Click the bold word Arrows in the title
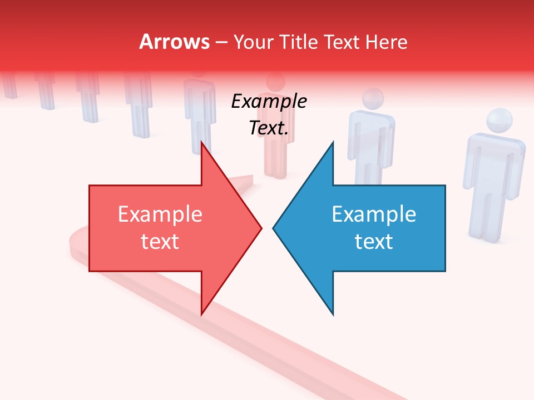(174, 42)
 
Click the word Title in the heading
(298, 42)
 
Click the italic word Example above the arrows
(269, 102)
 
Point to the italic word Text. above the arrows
(269, 128)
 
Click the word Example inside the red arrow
(160, 214)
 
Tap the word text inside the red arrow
(160, 242)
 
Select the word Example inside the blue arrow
(374, 214)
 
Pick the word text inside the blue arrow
(374, 242)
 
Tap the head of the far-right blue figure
(498, 122)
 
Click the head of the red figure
(275, 82)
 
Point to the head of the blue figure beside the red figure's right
(373, 99)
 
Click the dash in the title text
(220, 42)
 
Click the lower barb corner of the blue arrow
(333, 314)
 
